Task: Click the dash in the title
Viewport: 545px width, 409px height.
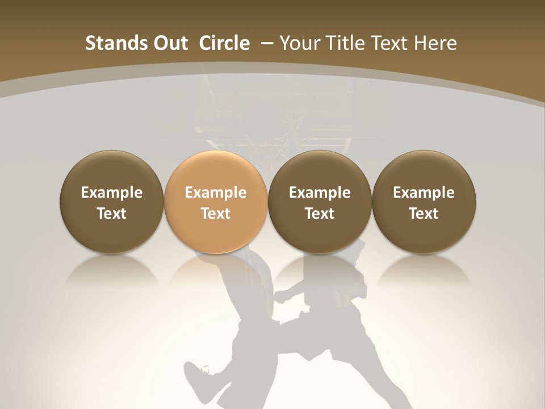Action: pyautogui.click(x=266, y=43)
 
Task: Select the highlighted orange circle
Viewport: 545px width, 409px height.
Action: pyautogui.click(x=216, y=202)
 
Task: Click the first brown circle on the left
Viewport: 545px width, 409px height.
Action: pyautogui.click(x=112, y=202)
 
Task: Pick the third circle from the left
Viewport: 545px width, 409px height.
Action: pyautogui.click(x=320, y=202)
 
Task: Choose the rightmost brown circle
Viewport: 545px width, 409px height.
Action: pyautogui.click(x=424, y=202)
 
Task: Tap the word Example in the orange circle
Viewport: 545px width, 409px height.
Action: pyautogui.click(x=216, y=193)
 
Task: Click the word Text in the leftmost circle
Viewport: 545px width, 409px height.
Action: pyautogui.click(x=112, y=214)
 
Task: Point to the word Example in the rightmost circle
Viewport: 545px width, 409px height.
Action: pyautogui.click(x=424, y=193)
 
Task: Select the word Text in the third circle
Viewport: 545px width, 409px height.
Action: pyautogui.click(x=320, y=214)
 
